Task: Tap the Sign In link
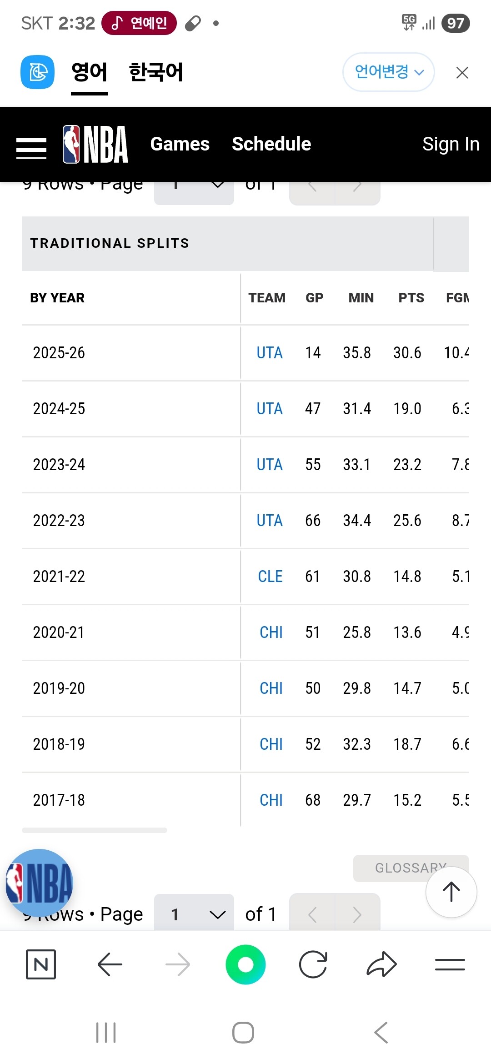450,144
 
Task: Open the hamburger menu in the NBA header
31,148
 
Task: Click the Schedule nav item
271,144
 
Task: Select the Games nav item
180,144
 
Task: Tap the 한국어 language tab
155,72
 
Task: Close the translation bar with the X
462,73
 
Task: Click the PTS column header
411,298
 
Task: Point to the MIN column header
361,298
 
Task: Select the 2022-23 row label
59,521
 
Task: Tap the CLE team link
270,577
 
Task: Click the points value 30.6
407,353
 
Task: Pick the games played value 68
313,800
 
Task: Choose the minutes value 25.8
357,632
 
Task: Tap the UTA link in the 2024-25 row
270,409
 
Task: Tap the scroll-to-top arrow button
451,892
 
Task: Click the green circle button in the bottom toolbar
245,964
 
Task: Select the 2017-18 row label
59,800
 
